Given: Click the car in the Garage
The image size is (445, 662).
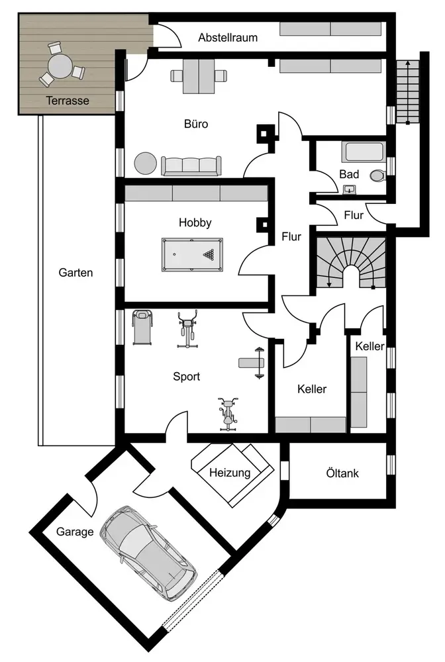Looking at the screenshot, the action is pos(148,553).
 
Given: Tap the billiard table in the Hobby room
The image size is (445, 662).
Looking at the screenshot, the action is pos(193,253).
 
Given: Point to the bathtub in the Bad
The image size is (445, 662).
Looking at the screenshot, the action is pos(363,152).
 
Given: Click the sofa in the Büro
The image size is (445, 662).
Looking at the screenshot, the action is pos(191,165).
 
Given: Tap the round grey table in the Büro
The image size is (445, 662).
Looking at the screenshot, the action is pos(145,163).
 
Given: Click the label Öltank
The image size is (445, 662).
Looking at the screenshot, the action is pos(342,473).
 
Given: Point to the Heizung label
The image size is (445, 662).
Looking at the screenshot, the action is pos(230,473).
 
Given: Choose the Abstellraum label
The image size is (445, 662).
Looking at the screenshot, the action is pos(228,38).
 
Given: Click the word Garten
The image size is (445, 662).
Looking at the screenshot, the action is pos(75,272).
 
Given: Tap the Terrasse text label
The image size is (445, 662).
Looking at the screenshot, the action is pos(67,101).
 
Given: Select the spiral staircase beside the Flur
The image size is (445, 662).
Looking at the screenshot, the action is pos(349,263).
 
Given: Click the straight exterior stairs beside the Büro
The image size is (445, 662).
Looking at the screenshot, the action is pos(408,91).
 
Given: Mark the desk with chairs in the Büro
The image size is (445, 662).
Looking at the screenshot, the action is pos(196,76).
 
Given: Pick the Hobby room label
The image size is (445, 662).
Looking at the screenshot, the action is pos(195,222).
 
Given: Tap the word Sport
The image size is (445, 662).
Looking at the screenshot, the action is pos(187,376).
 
